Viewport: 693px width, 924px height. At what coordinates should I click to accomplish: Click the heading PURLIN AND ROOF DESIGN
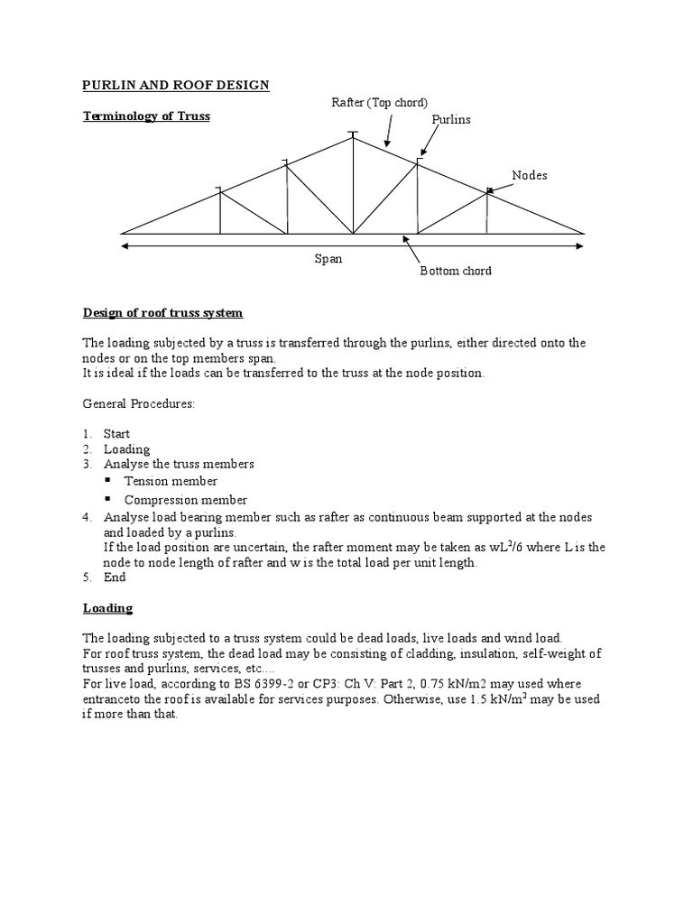pyautogui.click(x=176, y=85)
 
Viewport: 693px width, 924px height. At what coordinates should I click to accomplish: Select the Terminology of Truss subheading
pyautogui.click(x=146, y=115)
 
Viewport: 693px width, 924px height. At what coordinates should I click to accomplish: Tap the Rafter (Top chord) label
pyautogui.click(x=380, y=103)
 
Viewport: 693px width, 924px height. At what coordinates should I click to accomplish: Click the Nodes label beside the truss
pyautogui.click(x=530, y=175)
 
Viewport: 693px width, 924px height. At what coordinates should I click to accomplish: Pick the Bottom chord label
pyautogui.click(x=456, y=271)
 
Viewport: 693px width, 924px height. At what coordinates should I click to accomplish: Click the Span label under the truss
pyautogui.click(x=328, y=258)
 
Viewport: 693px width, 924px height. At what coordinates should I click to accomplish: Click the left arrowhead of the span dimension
pyautogui.click(x=124, y=245)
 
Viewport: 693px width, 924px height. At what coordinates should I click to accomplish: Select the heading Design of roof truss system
pyautogui.click(x=163, y=313)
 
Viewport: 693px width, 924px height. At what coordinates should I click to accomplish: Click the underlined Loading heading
pyautogui.click(x=107, y=608)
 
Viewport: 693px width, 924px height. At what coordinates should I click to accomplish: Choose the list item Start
pyautogui.click(x=116, y=434)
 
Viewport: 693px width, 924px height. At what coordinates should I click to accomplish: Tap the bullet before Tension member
pyautogui.click(x=108, y=481)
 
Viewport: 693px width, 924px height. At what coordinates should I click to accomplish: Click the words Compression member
pyautogui.click(x=185, y=500)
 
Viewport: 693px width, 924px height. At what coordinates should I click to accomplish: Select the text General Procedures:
pyautogui.click(x=139, y=404)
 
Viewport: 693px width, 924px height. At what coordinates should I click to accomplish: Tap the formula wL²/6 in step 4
pyautogui.click(x=494, y=547)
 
